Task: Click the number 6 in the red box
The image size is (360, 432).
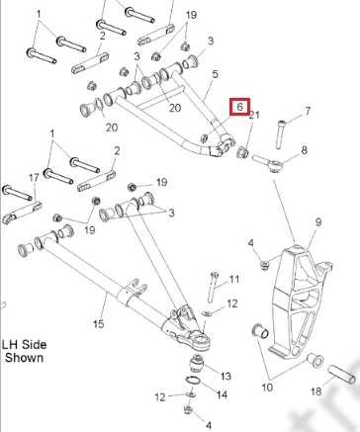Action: tap(240, 107)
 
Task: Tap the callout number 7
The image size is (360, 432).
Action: tap(308, 111)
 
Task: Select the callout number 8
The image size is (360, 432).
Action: tap(304, 150)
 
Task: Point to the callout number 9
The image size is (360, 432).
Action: tap(318, 222)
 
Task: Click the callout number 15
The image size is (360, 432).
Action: tap(99, 323)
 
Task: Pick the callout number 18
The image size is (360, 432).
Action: tap(316, 391)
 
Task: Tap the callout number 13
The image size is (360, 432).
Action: tap(225, 376)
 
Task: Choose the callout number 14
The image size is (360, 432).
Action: tap(222, 394)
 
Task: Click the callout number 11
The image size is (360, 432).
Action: tap(233, 280)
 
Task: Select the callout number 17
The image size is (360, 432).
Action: tap(34, 178)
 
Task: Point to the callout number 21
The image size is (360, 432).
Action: tap(254, 115)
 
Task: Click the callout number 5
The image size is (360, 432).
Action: tap(215, 74)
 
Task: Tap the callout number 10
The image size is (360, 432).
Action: tap(267, 388)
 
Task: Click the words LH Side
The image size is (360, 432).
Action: tap(25, 345)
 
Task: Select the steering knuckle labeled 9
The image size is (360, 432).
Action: tap(299, 302)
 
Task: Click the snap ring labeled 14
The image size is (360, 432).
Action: tap(193, 381)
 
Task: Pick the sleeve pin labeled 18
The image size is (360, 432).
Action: tap(342, 375)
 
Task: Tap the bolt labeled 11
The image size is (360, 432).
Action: tap(213, 287)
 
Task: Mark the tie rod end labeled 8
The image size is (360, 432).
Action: tap(268, 162)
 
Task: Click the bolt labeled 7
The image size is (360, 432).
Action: tap(280, 134)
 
